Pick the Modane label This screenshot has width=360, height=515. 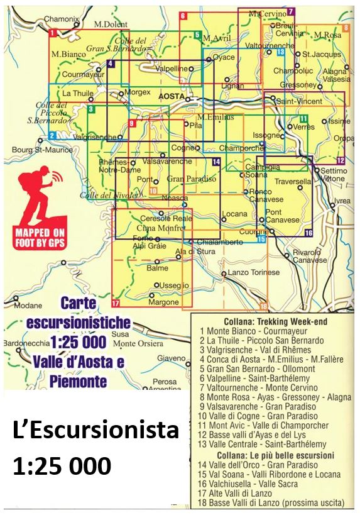pyautogui.click(x=28, y=306)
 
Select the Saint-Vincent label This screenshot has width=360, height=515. pyautogui.click(x=299, y=101)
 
